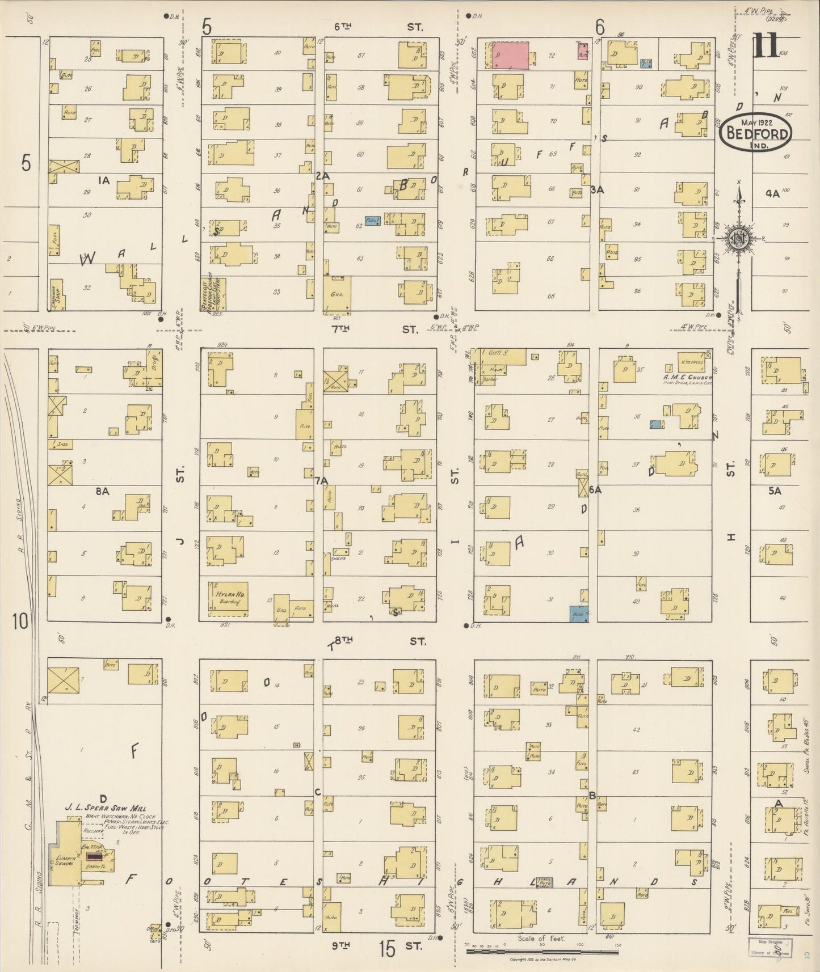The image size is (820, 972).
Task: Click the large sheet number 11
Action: point(766,47)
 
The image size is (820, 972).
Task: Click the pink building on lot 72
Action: point(510,56)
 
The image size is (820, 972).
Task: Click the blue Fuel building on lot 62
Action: point(372,221)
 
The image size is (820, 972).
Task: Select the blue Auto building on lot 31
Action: point(579,614)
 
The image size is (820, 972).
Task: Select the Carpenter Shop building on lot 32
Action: point(58,293)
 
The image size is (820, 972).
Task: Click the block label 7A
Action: point(322,481)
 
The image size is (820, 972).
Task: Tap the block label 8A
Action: point(102,492)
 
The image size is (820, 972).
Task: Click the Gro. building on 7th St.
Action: point(337,294)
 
